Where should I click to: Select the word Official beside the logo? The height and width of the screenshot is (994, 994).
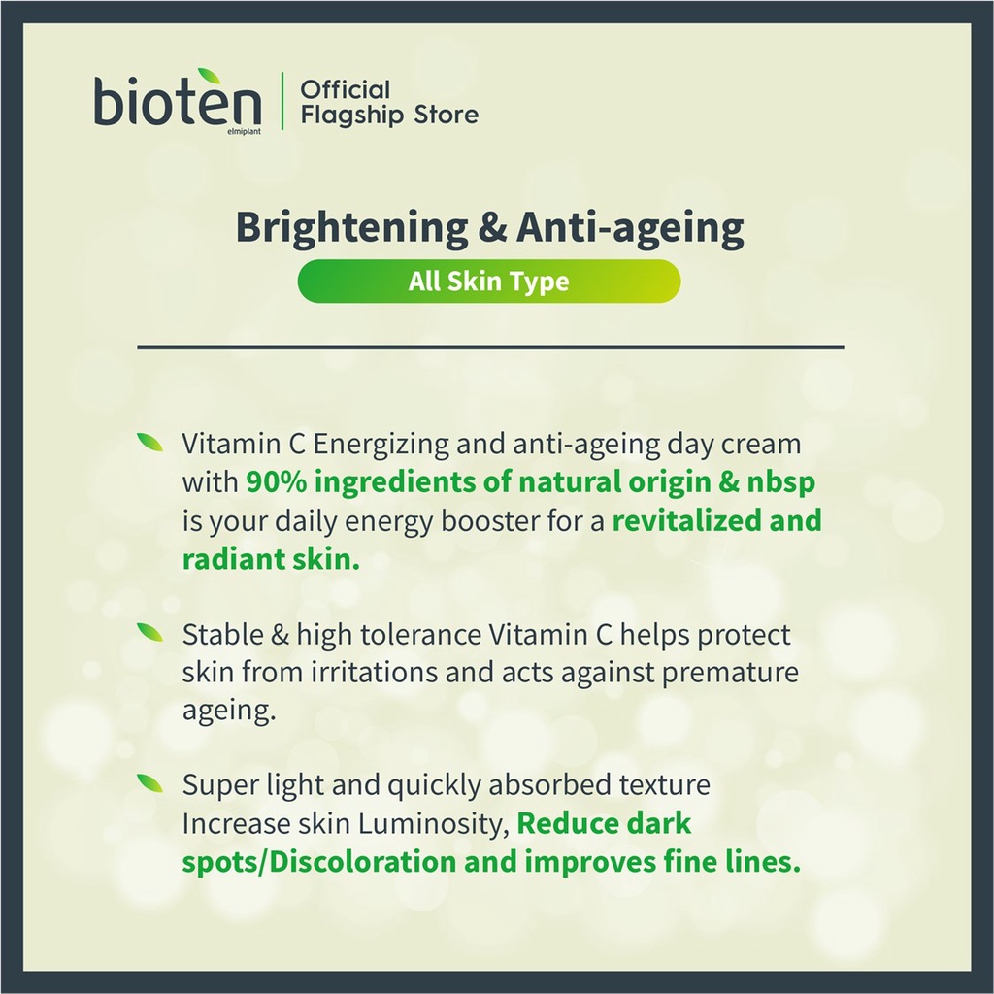[345, 90]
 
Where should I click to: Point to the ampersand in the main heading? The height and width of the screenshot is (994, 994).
[492, 227]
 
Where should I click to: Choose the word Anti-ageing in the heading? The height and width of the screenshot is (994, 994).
[630, 228]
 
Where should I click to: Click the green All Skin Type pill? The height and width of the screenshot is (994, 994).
[489, 281]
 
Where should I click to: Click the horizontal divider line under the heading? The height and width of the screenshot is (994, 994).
[490, 347]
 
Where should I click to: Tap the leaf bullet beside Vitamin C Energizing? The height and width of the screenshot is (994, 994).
[150, 442]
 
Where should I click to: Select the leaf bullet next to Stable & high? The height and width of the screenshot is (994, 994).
[150, 631]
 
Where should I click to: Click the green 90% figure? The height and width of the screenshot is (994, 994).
[277, 481]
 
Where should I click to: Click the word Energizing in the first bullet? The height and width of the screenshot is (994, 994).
[381, 445]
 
